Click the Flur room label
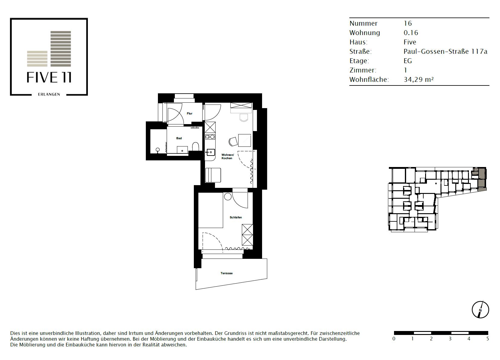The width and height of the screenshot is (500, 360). point(190,114)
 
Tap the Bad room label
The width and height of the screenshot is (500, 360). point(179,138)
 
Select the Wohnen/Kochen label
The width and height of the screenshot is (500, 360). point(228,156)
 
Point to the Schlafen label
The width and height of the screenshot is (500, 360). point(236,217)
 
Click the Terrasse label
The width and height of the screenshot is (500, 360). point(226,273)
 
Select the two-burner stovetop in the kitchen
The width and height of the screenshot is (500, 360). point(210,137)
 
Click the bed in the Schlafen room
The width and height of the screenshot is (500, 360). point(211,210)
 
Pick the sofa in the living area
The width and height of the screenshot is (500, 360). point(213,175)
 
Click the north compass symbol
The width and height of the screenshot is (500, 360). point(480,310)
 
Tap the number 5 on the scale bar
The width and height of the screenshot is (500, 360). point(488,339)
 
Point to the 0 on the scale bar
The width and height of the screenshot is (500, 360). point(394,339)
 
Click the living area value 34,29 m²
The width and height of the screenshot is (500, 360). point(418,79)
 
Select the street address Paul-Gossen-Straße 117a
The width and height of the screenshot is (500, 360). point(445,51)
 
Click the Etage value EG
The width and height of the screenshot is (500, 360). point(408,61)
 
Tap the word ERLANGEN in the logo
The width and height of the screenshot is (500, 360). point(49,94)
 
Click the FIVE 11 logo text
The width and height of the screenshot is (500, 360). point(49,77)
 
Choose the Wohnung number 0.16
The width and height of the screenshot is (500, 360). point(411,33)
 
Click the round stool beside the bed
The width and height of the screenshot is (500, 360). point(228,197)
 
